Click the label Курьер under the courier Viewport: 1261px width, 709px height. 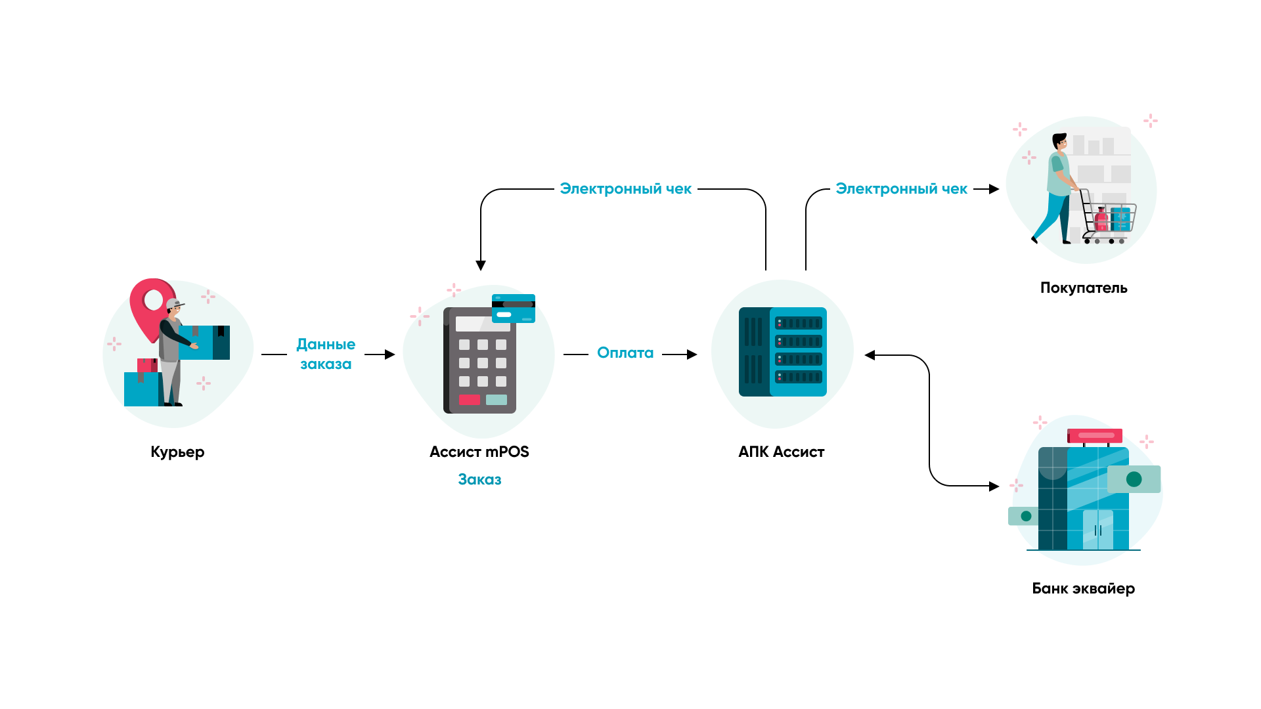[x=177, y=452]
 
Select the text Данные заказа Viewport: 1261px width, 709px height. [x=326, y=354]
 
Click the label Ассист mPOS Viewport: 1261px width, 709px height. [x=479, y=452]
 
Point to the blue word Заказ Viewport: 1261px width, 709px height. [x=479, y=480]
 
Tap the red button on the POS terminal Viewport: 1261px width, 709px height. [x=470, y=400]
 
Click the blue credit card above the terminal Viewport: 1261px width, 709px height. [x=514, y=309]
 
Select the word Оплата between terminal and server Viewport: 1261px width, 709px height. [x=625, y=353]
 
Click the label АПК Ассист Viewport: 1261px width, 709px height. [x=781, y=452]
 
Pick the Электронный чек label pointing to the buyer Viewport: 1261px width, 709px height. [x=901, y=189]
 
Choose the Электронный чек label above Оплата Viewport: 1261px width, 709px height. [x=625, y=189]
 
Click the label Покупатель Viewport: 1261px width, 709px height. [x=1084, y=288]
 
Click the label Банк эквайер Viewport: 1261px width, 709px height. [x=1083, y=589]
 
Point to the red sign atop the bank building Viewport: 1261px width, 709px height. [x=1095, y=435]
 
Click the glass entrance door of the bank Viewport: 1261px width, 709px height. [x=1098, y=530]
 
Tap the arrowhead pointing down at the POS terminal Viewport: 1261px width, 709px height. [x=481, y=265]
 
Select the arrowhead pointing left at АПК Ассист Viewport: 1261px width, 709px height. [x=870, y=355]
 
